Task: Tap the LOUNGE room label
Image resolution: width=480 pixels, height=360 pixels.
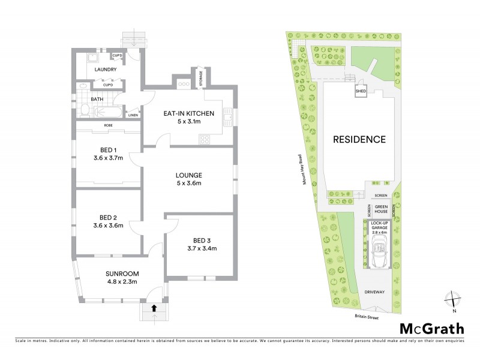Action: pyautogui.click(x=188, y=175)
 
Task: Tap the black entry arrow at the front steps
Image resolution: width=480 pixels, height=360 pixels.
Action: pyautogui.click(x=155, y=308)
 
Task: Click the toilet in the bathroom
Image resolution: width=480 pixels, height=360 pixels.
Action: pyautogui.click(x=85, y=110)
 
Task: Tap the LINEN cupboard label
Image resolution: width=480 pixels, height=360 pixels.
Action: pyautogui.click(x=133, y=115)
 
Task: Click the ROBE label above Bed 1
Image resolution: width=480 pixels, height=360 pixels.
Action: pyautogui.click(x=109, y=125)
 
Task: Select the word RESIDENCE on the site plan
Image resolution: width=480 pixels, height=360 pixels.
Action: pyautogui.click(x=359, y=139)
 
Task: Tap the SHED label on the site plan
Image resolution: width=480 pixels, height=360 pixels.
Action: pyautogui.click(x=361, y=91)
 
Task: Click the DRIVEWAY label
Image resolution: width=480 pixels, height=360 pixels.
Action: pyautogui.click(x=378, y=292)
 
